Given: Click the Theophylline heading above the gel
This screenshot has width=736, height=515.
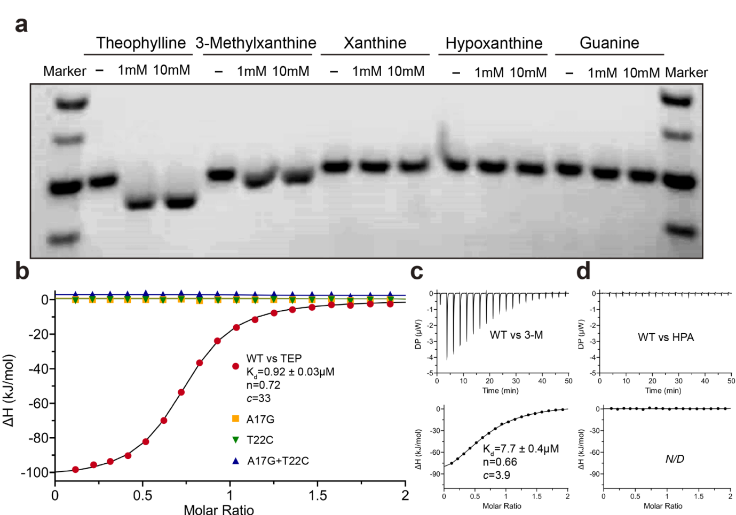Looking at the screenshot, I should pyautogui.click(x=141, y=43).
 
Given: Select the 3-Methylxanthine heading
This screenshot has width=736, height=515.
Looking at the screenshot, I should pyautogui.click(x=256, y=43).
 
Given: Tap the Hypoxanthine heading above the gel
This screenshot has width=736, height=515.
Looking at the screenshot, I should pyautogui.click(x=494, y=44).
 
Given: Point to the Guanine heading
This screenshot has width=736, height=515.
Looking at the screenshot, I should pyautogui.click(x=609, y=43).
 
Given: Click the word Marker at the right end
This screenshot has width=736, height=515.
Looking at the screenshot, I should pyautogui.click(x=686, y=73).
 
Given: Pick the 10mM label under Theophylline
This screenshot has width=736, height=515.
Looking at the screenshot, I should pyautogui.click(x=171, y=70).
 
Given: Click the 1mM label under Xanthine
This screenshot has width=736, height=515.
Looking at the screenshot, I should pyautogui.click(x=367, y=71).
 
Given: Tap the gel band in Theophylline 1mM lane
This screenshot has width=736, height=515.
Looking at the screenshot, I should pyautogui.click(x=140, y=203).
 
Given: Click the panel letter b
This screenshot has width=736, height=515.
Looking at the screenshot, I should pyautogui.click(x=22, y=271).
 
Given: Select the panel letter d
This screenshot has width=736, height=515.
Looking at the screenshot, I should pyautogui.click(x=583, y=271).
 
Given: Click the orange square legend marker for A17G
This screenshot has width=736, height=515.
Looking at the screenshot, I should pyautogui.click(x=235, y=419).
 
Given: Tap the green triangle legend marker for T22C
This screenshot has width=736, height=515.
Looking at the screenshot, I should pyautogui.click(x=235, y=440).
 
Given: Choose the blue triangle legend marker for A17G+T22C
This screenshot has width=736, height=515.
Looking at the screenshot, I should pyautogui.click(x=235, y=461).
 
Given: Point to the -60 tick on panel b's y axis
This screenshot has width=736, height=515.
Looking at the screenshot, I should pyautogui.click(x=37, y=404).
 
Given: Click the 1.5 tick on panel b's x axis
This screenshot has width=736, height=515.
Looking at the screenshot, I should pyautogui.click(x=317, y=496).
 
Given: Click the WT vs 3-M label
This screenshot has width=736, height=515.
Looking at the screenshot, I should pyautogui.click(x=516, y=335).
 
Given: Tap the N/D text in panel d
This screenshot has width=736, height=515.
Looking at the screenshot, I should pyautogui.click(x=675, y=459).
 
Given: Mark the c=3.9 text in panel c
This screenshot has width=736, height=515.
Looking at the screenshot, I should pyautogui.click(x=496, y=475).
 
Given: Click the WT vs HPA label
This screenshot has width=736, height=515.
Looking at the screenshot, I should pyautogui.click(x=666, y=337).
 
